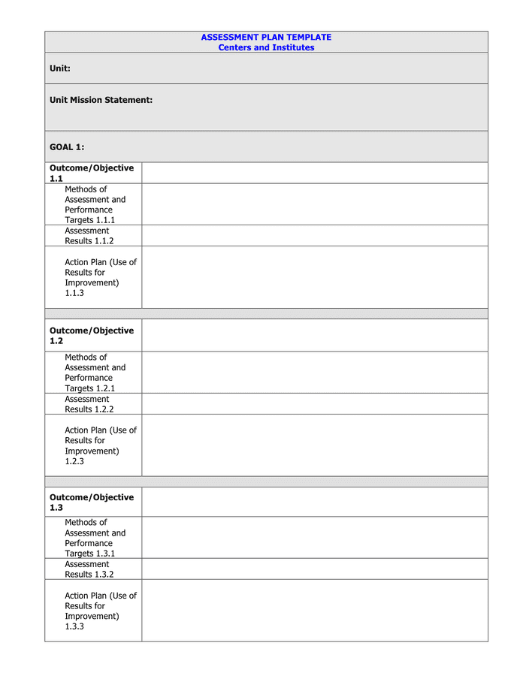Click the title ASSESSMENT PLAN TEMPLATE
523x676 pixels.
coord(266,37)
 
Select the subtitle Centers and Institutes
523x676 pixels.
coord(266,47)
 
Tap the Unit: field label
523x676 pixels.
coord(60,68)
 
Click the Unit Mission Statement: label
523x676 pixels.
coord(101,100)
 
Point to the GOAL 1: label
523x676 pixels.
coord(67,147)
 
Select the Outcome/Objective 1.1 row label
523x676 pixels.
coord(92,174)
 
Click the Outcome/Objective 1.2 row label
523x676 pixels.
coord(92,336)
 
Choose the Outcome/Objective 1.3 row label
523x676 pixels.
coord(92,502)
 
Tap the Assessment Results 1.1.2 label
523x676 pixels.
coord(89,236)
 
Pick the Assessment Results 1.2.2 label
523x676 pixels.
coord(89,404)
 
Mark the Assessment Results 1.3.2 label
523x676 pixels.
coord(89,569)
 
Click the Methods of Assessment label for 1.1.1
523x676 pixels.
coord(95,204)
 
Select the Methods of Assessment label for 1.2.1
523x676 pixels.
coord(95,373)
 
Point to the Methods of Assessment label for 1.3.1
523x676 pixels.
coord(95,538)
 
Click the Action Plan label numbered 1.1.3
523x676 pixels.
coord(101,277)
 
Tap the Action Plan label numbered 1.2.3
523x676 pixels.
coord(101,445)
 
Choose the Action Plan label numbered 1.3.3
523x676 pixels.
coord(101,611)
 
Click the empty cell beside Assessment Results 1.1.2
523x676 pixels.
coord(314,236)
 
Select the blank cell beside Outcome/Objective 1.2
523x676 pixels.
coord(314,336)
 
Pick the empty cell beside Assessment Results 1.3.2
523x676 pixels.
coord(314,569)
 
